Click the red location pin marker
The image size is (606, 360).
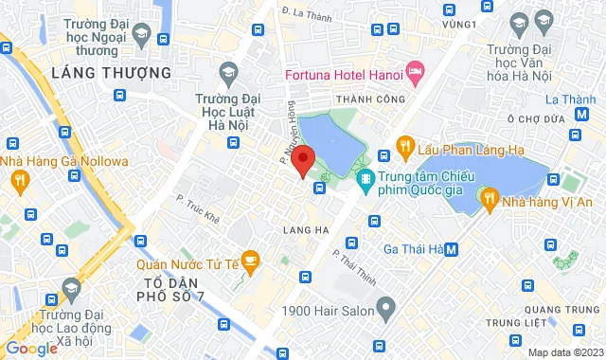(x=302, y=160)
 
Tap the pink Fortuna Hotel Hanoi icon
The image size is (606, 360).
(x=415, y=71)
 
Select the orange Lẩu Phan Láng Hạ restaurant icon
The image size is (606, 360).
(x=404, y=146)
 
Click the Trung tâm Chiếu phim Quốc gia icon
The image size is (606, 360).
(x=365, y=177)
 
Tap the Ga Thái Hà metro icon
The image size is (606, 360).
(x=452, y=249)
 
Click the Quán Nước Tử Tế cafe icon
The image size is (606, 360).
(x=250, y=258)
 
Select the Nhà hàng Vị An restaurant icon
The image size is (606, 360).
(x=489, y=198)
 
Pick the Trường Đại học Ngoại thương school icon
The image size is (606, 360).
(x=140, y=36)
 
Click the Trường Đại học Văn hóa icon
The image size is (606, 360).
(x=544, y=19)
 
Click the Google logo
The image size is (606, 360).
(x=30, y=348)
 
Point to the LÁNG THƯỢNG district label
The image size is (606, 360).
(x=112, y=72)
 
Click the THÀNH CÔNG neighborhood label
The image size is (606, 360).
(x=375, y=99)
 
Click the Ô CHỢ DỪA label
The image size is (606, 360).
(x=535, y=119)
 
